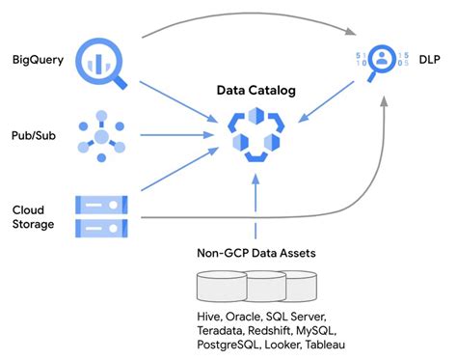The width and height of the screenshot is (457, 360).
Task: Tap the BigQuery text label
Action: point(38,60)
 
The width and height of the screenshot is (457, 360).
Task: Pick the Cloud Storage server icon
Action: point(101,216)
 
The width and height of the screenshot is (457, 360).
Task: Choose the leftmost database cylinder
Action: point(221,288)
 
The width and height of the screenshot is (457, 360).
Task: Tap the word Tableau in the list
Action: point(322,345)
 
